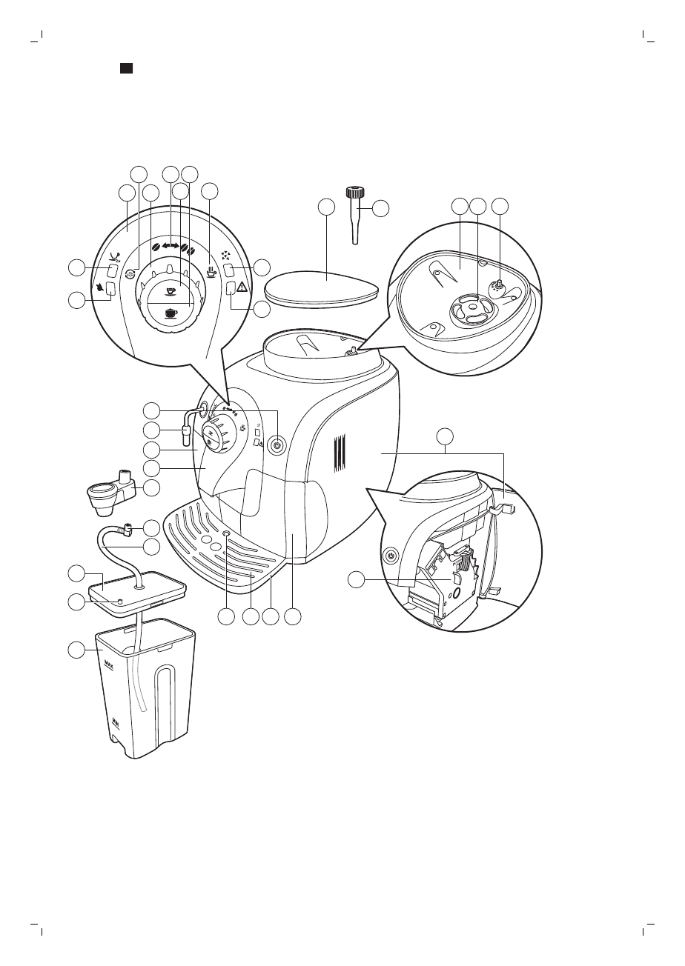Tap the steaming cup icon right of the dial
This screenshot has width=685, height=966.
click(x=211, y=271)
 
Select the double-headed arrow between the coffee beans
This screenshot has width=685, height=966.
click(x=171, y=245)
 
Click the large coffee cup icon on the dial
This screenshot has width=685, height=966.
click(x=171, y=313)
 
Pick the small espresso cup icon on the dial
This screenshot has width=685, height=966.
click(x=171, y=291)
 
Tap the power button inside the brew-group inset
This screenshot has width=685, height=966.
click(x=391, y=555)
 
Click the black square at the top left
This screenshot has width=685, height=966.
click(x=127, y=68)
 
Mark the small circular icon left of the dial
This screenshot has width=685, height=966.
click(x=129, y=273)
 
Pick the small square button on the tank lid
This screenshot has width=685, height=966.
click(x=120, y=601)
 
